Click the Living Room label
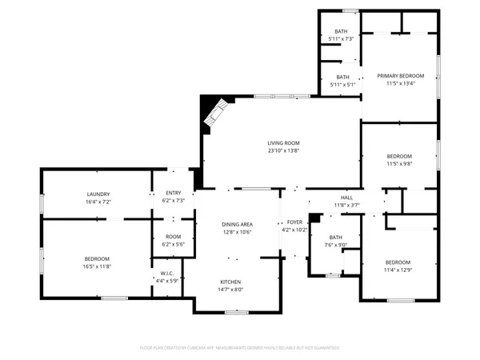[283, 143]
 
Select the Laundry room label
[98, 194]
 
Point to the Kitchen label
[232, 282]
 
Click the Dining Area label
[236, 223]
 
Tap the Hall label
[346, 197]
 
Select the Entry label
[174, 194]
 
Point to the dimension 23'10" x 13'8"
[283, 150]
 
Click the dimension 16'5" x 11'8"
[98, 266]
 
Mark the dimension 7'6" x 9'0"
[335, 245]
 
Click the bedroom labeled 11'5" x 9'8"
[399, 159]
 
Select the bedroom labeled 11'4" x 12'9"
[398, 266]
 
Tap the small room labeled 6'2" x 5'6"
[174, 239]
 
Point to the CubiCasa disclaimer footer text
[240, 348]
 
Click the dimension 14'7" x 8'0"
[232, 290]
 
